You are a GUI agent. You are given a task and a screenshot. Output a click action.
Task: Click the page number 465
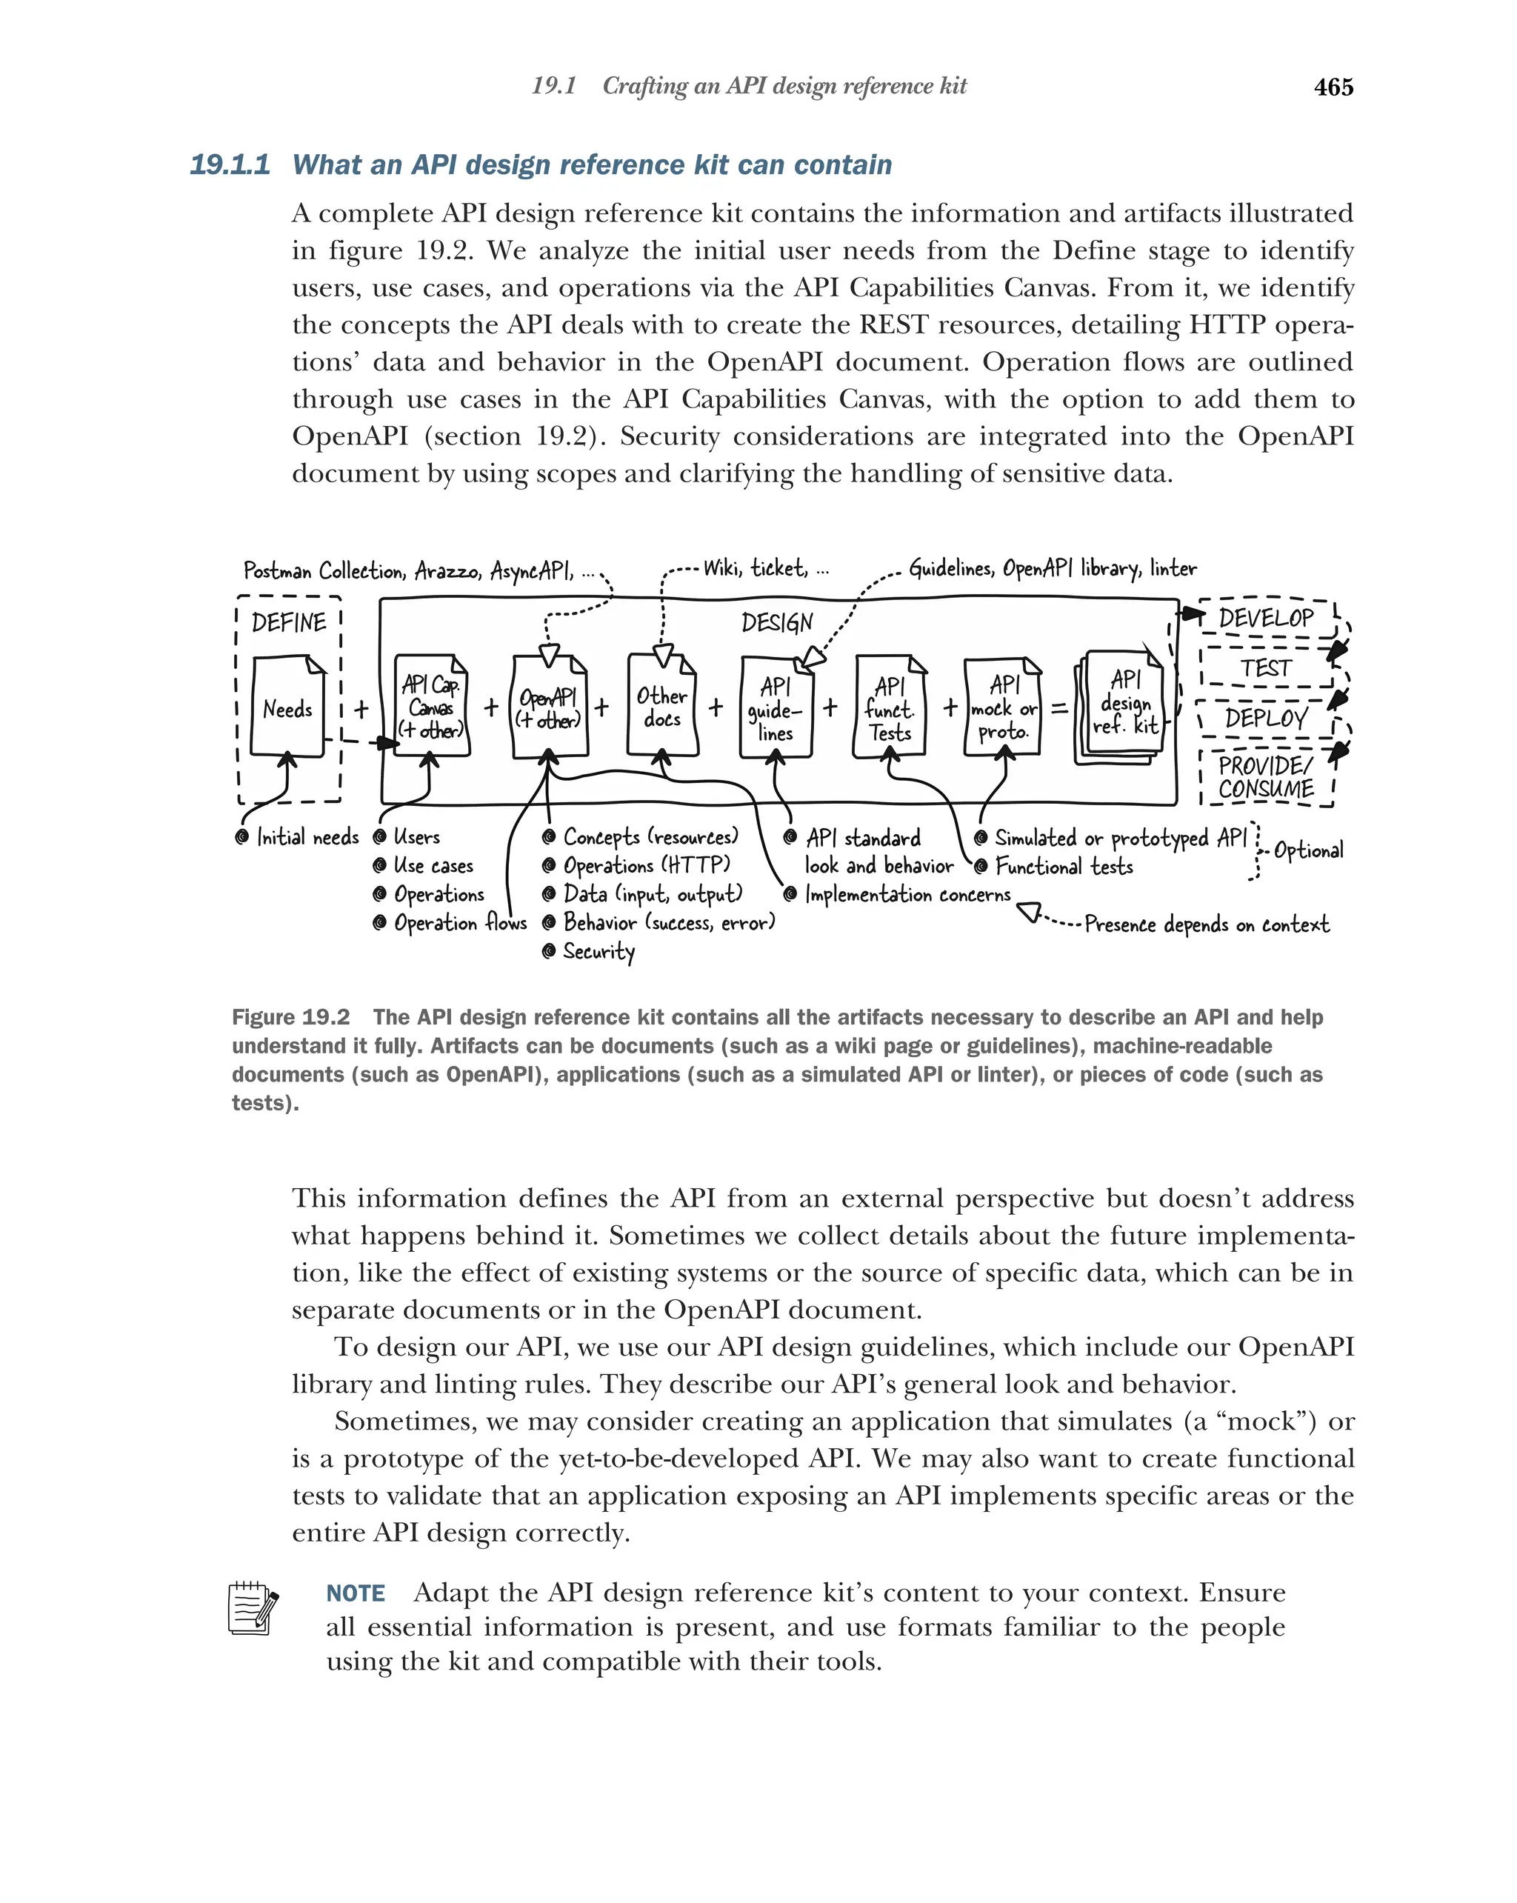tap(1333, 87)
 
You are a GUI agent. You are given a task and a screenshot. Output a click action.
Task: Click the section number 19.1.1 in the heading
tap(230, 165)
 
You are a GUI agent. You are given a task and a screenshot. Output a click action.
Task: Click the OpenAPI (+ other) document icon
tap(548, 707)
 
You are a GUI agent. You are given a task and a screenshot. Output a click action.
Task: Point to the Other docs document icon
tap(662, 706)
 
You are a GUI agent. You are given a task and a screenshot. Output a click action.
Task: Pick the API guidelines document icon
tap(775, 708)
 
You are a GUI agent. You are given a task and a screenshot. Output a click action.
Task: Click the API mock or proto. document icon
tap(1004, 707)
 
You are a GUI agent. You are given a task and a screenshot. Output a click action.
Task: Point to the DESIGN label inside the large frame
tap(776, 623)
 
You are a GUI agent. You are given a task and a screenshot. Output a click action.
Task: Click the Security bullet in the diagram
tap(598, 951)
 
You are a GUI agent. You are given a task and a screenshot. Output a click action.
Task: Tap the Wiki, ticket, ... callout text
tap(766, 568)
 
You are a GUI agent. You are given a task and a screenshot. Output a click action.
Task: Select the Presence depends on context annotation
tap(1205, 924)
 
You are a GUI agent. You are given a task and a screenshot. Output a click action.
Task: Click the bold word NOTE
tap(356, 1593)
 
